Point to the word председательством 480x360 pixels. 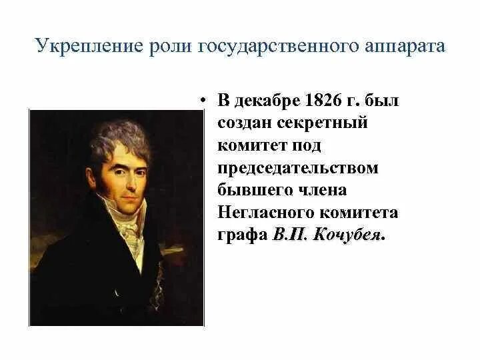click(x=297, y=168)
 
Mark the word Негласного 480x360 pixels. click(x=261, y=213)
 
